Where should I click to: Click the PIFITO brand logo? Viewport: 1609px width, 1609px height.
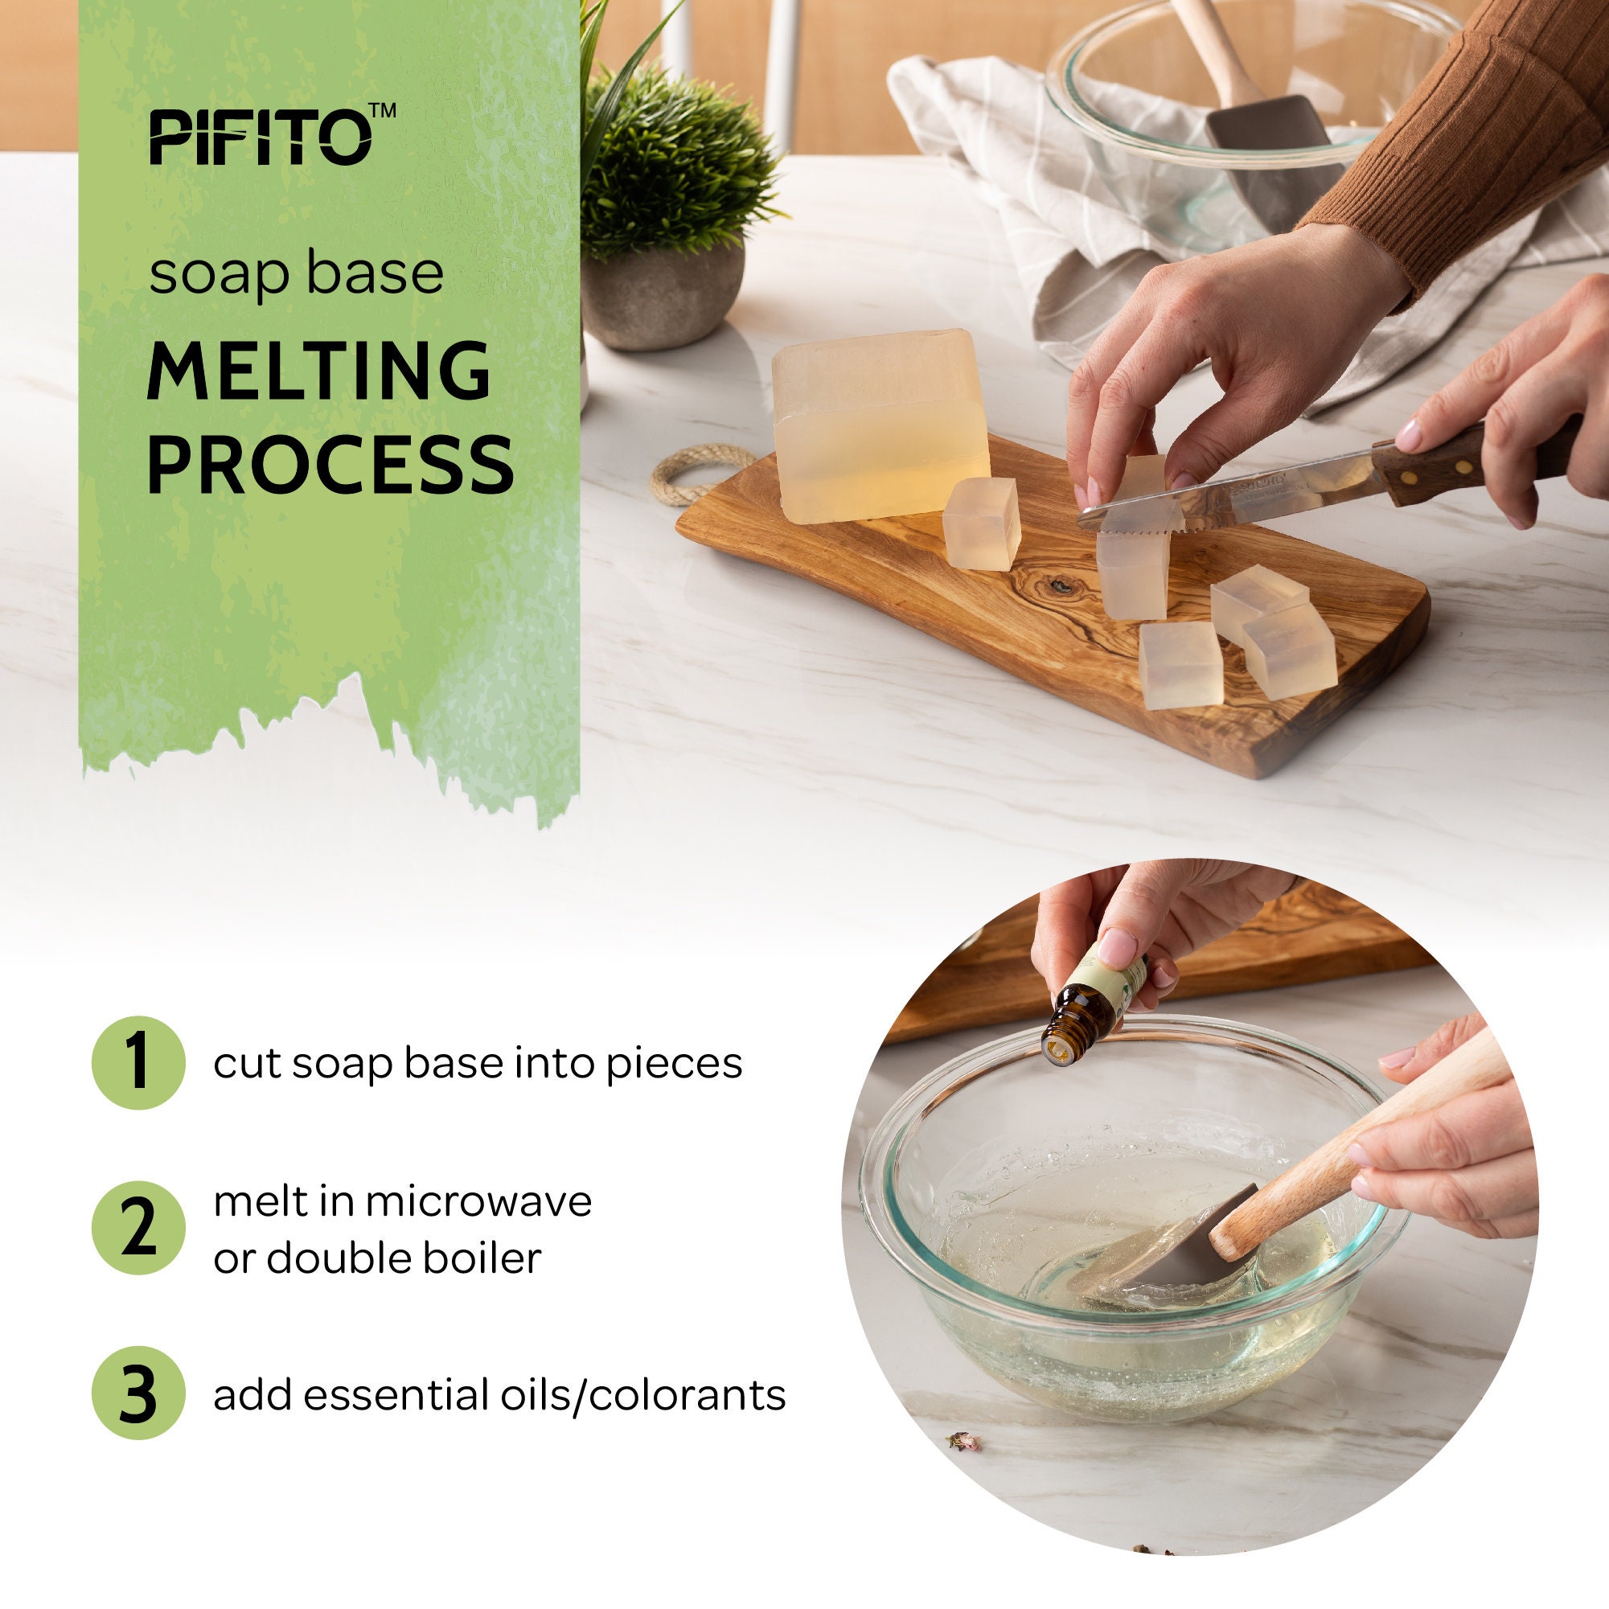pos(260,138)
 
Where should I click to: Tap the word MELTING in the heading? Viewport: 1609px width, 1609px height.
pos(319,371)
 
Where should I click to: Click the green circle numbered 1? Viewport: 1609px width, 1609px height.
pos(138,1063)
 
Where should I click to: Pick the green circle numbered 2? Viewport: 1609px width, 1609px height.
pos(138,1228)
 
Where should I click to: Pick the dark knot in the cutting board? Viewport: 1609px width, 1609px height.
pos(1059,586)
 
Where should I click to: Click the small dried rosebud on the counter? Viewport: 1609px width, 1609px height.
pos(964,1441)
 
